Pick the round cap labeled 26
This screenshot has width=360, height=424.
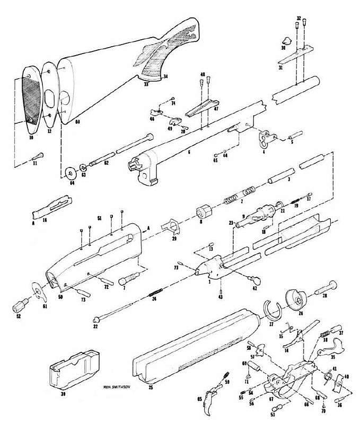(x=295, y=299)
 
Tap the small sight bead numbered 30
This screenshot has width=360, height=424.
(x=287, y=40)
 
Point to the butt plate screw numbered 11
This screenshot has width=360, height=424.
(x=38, y=157)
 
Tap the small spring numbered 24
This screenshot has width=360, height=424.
(x=155, y=291)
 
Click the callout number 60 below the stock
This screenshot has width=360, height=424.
(x=77, y=122)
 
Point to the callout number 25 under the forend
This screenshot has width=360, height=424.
(x=151, y=388)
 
